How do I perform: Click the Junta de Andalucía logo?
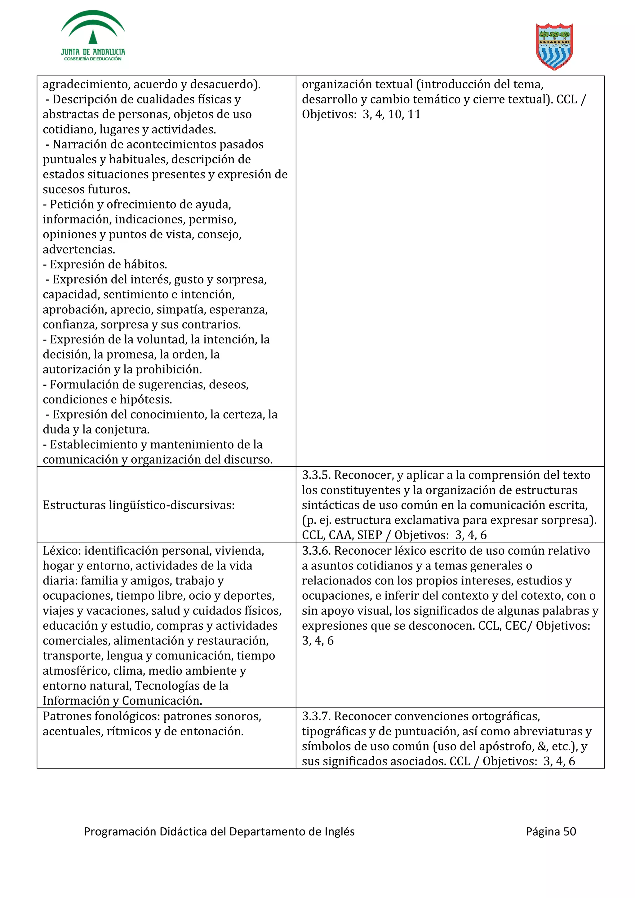(x=93, y=36)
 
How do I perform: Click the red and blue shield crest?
(x=554, y=46)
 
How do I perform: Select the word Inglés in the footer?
(x=340, y=831)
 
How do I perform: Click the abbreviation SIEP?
(x=369, y=535)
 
